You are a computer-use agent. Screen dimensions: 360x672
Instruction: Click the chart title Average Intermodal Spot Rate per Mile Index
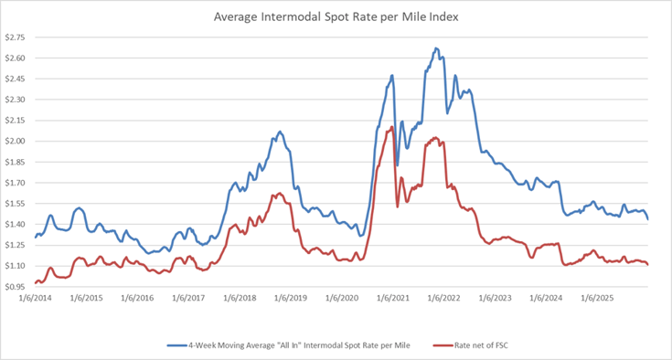click(x=336, y=16)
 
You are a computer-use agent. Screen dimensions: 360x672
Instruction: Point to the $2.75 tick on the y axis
click(x=16, y=37)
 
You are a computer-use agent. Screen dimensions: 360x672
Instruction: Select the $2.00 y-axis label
click(x=16, y=141)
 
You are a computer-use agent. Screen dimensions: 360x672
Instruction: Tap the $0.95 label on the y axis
click(x=16, y=286)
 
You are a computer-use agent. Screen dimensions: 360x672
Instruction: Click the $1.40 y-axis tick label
click(x=16, y=224)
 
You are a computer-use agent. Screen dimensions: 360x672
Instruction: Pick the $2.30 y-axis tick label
click(x=16, y=100)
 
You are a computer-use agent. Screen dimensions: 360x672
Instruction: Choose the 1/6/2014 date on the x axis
click(x=35, y=299)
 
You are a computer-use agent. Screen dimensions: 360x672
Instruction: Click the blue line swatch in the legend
click(x=179, y=344)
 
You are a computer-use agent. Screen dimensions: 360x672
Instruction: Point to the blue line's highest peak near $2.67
click(x=436, y=48)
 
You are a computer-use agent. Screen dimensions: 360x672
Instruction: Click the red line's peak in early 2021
click(x=392, y=127)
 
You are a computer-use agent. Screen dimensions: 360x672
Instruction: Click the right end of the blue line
click(x=648, y=219)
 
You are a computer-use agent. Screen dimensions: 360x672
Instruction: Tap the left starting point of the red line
click(x=35, y=283)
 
